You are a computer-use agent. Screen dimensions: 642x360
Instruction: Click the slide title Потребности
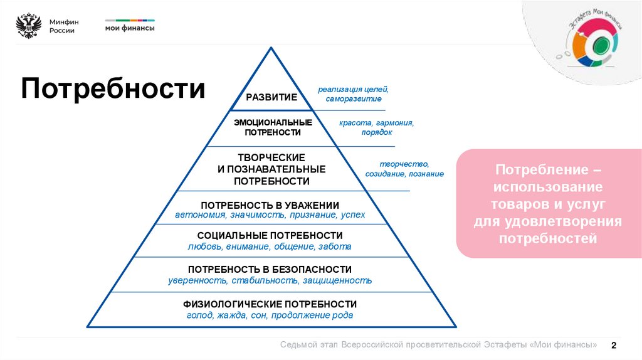(x=113, y=88)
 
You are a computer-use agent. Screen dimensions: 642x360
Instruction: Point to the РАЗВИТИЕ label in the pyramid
(x=271, y=97)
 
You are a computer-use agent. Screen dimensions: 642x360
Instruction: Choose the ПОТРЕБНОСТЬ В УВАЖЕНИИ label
(x=270, y=206)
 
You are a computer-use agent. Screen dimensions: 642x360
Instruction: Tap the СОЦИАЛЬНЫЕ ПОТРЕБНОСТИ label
(x=270, y=235)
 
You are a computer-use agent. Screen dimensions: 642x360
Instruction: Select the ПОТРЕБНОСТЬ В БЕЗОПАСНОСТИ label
(x=270, y=269)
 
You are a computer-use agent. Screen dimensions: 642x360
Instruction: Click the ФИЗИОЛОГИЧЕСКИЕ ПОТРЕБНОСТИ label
(x=270, y=304)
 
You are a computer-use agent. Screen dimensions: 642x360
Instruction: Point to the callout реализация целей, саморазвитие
(x=353, y=94)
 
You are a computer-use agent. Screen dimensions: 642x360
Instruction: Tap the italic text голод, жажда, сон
(x=228, y=315)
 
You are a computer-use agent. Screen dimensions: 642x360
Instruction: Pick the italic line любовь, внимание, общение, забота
(x=270, y=246)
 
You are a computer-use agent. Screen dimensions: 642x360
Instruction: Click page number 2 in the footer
(x=614, y=346)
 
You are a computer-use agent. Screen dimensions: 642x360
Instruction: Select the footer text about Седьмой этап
(x=438, y=346)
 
